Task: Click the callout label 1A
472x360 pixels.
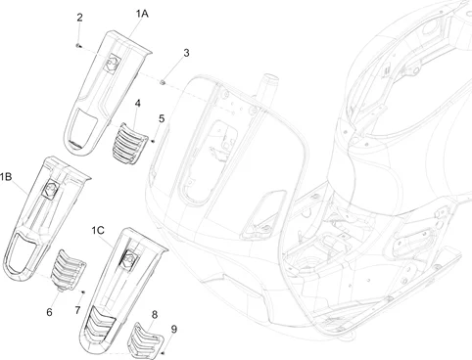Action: (x=142, y=14)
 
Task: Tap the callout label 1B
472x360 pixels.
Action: (x=6, y=177)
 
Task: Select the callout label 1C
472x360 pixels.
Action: (x=98, y=231)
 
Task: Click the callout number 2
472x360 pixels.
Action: (x=79, y=18)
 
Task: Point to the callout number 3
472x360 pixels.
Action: (x=186, y=53)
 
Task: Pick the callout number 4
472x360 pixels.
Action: (x=138, y=104)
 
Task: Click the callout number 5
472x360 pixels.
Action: (x=162, y=118)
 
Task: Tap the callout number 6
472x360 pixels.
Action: (x=49, y=312)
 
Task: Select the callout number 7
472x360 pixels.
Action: (x=77, y=310)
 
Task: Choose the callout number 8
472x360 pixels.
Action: (x=155, y=315)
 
